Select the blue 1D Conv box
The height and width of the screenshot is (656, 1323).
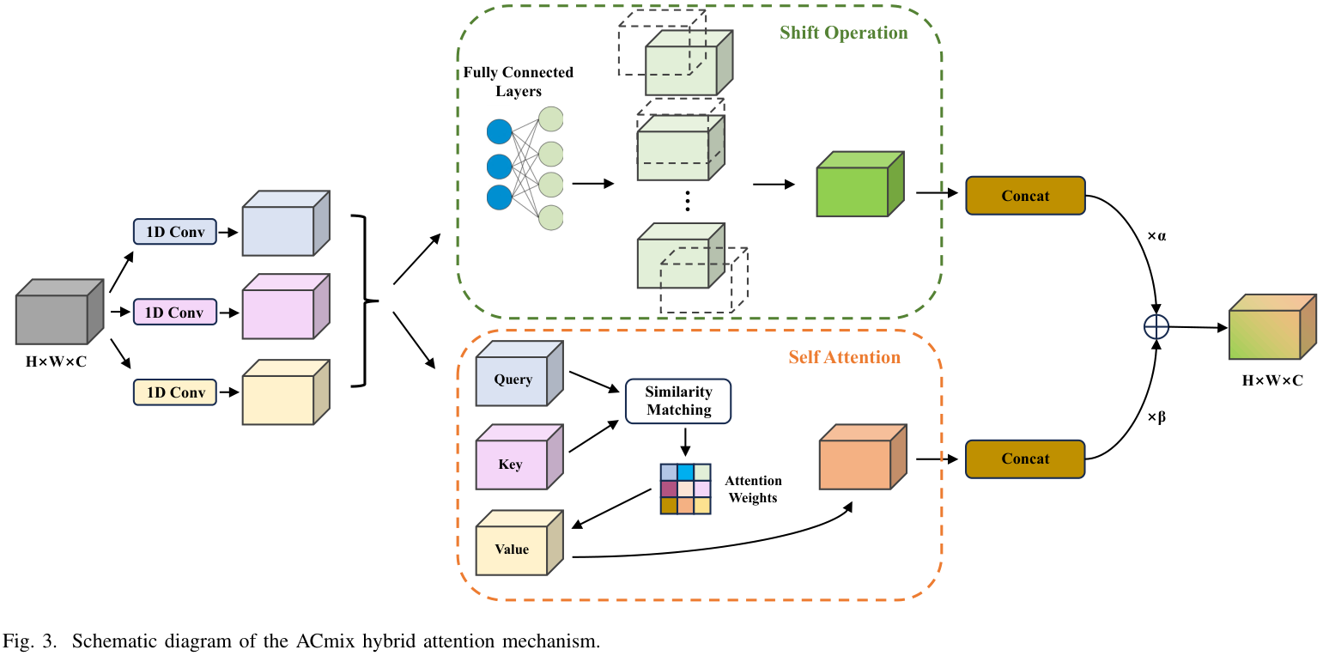(x=175, y=232)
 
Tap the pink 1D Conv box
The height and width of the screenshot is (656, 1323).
(x=175, y=312)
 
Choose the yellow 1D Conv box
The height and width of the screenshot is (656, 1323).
(x=175, y=392)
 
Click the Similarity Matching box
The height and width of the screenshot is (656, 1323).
(x=678, y=401)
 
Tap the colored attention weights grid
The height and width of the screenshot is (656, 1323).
(x=685, y=489)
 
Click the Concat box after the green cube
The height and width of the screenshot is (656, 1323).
(x=1025, y=196)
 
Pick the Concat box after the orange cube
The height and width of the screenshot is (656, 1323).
(x=1025, y=459)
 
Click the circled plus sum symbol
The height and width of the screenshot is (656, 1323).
(x=1156, y=326)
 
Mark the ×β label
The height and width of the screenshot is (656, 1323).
(x=1156, y=418)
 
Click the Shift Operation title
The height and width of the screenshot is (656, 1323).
(x=843, y=33)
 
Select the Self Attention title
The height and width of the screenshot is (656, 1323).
(x=844, y=357)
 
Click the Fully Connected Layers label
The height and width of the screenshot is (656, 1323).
(x=518, y=82)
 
